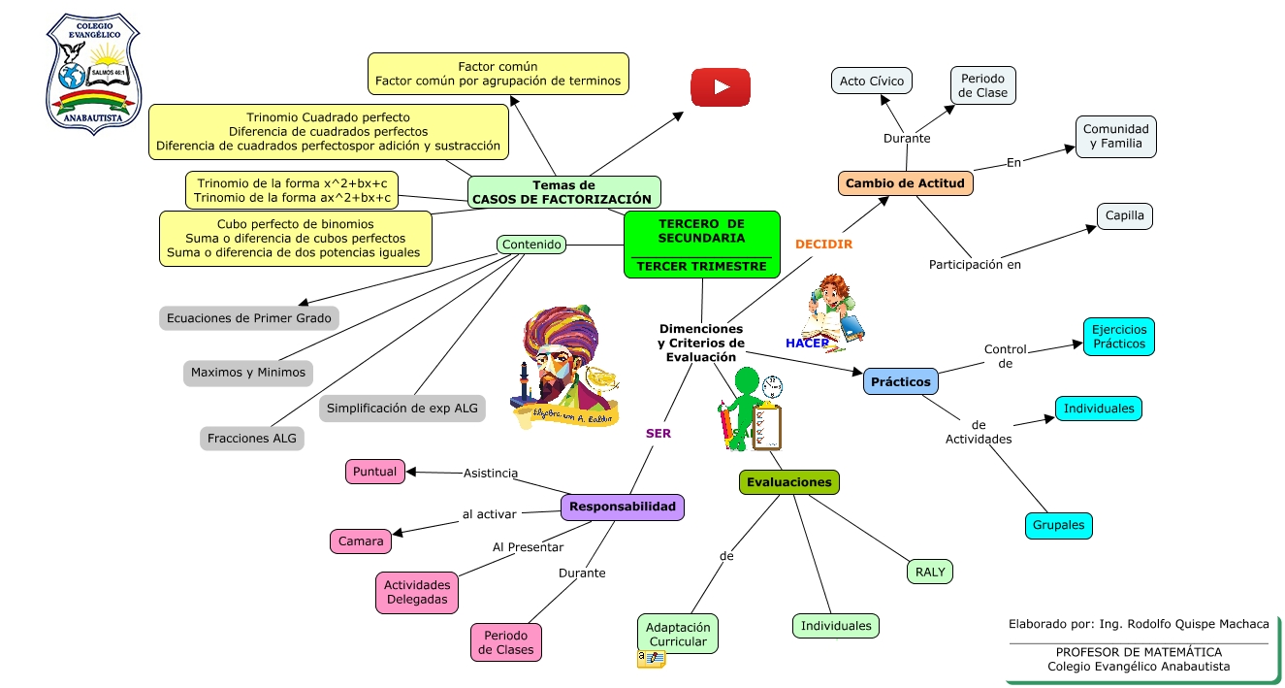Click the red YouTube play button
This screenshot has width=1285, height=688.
pos(721,87)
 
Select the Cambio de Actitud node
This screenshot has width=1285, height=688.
pos(905,183)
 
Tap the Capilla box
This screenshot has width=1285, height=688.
pos(1125,216)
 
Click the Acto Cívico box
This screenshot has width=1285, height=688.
pos(871,81)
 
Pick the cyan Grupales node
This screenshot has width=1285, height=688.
pos(1059,526)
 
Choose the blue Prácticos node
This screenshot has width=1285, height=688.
pos(900,381)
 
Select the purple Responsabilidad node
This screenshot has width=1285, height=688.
pos(623,507)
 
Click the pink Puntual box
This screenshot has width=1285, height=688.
pos(375,472)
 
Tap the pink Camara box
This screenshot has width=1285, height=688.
pos(361,541)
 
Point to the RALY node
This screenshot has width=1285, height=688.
pos(930,572)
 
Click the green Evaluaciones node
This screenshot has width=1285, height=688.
pos(789,482)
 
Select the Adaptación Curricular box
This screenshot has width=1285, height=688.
pos(678,635)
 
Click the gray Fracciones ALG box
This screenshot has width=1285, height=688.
pos(252,439)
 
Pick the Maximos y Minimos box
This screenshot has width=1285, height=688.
pos(248,373)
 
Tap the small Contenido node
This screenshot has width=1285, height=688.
pos(531,245)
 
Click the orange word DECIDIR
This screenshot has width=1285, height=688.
pos(823,245)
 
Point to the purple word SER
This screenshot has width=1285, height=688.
pos(659,434)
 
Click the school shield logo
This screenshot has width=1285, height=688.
pos(93,74)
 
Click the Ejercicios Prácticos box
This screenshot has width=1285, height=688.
pos(1118,336)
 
